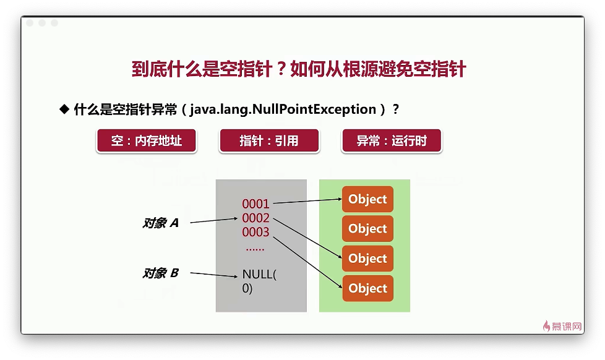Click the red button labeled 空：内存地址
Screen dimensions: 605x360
[146, 140]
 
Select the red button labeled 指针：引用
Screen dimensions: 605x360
[269, 140]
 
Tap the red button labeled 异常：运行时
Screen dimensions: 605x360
[391, 140]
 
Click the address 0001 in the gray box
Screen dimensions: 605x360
[255, 204]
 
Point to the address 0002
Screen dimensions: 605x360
[255, 218]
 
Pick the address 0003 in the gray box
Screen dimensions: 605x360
[255, 233]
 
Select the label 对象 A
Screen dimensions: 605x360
[160, 223]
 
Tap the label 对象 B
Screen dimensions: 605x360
[160, 273]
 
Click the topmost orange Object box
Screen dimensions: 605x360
[367, 199]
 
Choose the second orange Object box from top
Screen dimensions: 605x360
[367, 229]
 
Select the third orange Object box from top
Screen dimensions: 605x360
[367, 259]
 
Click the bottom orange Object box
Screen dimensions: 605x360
[367, 288]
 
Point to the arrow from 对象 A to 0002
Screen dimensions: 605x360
[214, 220]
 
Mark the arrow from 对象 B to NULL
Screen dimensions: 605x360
[214, 275]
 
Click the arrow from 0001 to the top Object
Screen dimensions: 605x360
[307, 200]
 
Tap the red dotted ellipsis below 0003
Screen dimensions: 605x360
[255, 249]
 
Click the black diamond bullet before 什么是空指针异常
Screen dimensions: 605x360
[64, 109]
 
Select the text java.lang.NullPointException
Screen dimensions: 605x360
[283, 109]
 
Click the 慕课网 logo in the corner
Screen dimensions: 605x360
[562, 327]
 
